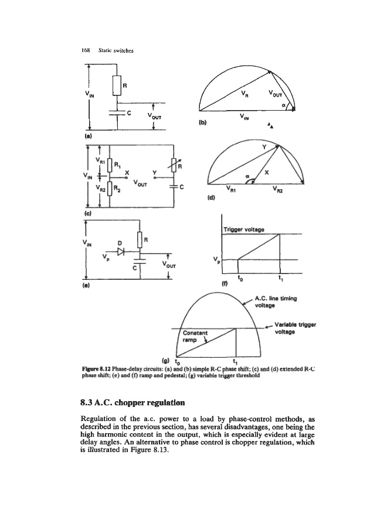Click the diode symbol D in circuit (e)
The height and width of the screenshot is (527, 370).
point(120,251)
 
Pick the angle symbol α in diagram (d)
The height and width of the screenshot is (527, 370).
point(247,174)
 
